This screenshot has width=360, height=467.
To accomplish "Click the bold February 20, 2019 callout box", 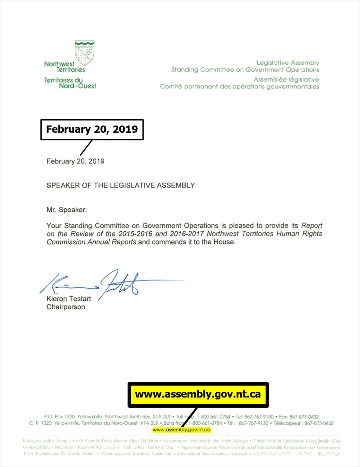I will coord(92,129).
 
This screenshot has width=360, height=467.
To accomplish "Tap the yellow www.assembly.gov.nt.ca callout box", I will coord(198,395).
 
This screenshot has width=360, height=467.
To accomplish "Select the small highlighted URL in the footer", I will coord(182,430).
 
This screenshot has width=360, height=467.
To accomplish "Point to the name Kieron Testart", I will coord(69,299).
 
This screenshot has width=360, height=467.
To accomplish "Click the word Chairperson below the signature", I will coord(66,307).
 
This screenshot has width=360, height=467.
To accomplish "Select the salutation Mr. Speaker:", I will coord(66,210).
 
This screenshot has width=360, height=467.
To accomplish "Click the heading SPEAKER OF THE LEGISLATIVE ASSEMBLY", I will coord(121,186).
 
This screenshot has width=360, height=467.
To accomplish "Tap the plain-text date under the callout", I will coord(75,161).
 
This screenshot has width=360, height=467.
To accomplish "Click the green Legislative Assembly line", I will coord(288,63).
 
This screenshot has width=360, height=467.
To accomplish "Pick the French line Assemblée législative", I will coord(286,79).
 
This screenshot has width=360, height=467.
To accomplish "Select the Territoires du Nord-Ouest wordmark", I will coord(70,83).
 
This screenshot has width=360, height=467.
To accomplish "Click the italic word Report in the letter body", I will coord(312,226).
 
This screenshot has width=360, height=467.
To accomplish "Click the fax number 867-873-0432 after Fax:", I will coord(304,417).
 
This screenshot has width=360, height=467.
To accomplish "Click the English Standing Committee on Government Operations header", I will coord(245,70).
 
